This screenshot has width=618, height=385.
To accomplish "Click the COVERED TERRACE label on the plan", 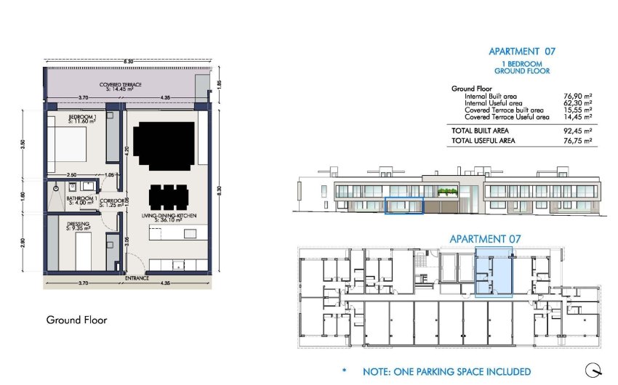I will (121, 85).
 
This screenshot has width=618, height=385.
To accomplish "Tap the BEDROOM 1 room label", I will (82, 117).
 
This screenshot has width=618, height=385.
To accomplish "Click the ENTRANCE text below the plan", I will (137, 277).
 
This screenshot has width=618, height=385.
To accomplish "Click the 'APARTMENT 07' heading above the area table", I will (522, 52).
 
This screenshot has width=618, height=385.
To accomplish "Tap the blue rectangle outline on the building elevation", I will (403, 206).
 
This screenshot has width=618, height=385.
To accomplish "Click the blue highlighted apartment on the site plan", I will (494, 272).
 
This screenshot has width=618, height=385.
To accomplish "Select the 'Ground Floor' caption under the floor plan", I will (77, 320).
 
